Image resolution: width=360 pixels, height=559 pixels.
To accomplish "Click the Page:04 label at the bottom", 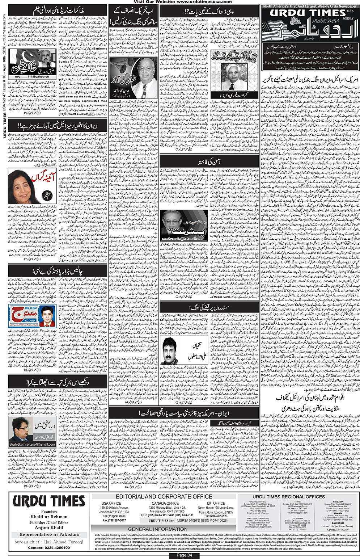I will click(x=184, y=555).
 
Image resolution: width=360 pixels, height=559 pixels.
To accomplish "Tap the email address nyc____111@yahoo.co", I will click(x=32, y=77).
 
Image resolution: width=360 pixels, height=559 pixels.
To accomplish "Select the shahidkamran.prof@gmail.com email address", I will click(x=33, y=444).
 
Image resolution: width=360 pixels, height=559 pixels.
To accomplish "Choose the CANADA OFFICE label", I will click(x=165, y=503).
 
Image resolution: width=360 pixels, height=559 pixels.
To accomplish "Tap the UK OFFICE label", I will click(x=216, y=503).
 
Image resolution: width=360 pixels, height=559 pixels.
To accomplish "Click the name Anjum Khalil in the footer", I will click(x=49, y=528).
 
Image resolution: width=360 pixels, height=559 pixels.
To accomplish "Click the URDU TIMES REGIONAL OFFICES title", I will click(x=288, y=496).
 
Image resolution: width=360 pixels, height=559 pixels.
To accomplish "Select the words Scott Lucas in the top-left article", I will click(x=77, y=114).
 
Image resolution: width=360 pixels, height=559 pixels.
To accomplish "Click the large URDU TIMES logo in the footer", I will click(x=49, y=502).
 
